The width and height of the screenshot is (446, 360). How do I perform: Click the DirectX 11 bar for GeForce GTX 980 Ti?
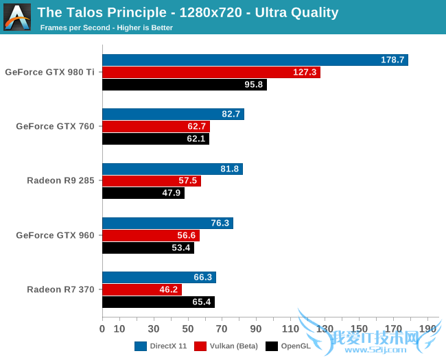coord(255,60)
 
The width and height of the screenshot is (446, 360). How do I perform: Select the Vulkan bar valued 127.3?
coord(211,72)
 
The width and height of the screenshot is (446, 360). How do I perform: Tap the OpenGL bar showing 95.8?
coord(184,84)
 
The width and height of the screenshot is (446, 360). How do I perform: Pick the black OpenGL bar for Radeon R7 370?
coord(159,302)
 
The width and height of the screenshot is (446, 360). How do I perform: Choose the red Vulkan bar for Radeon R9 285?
coord(152,181)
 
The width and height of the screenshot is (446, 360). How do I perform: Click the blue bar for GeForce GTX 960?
coord(167,223)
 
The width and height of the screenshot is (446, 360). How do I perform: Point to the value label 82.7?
coord(231,114)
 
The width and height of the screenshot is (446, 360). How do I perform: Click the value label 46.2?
coord(169,289)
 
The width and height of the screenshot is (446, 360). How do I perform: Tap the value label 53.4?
coord(181,248)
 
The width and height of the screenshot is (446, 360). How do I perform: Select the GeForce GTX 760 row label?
coord(55,126)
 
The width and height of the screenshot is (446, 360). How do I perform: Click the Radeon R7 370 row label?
coord(60,289)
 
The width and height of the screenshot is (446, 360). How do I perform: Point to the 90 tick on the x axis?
coord(256,328)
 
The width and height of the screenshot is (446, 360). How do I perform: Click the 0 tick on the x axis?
coord(102,328)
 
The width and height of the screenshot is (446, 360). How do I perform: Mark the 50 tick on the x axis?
coord(188,328)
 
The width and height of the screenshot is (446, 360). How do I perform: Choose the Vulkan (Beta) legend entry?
coord(226,346)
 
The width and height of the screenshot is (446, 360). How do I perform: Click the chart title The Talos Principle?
coord(187,12)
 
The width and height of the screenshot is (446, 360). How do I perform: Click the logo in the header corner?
coord(17,16)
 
